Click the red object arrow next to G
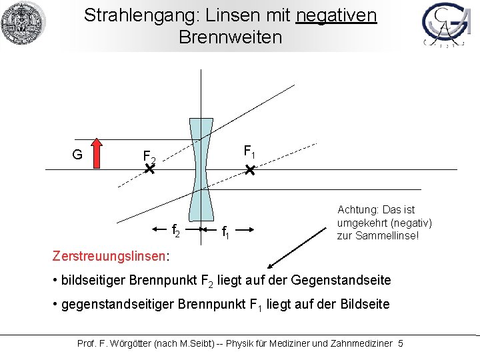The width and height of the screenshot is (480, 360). tap(97, 153)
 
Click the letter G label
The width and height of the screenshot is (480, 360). tap(77, 155)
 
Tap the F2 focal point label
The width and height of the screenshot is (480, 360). tap(149, 157)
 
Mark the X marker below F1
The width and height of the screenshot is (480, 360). tap(249, 172)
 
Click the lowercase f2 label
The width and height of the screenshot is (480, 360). tap(177, 231)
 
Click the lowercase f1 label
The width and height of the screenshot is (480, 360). tap(226, 233)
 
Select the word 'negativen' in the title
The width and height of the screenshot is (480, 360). tap(336, 15)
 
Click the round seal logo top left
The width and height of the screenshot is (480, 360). tap(23, 23)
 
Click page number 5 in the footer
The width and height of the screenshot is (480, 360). tap(400, 343)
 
